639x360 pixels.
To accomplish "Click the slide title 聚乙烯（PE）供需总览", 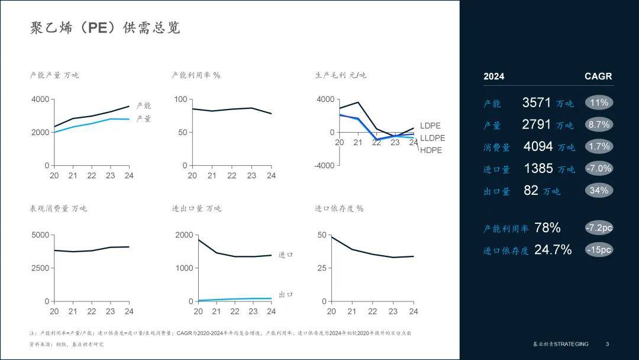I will [x=105, y=28].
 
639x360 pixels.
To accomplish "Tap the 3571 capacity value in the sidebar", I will [x=537, y=102].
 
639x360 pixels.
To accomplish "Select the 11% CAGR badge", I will [x=599, y=102].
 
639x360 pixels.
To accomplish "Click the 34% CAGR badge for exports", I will [x=599, y=190].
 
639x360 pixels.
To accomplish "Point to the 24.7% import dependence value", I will [x=553, y=250].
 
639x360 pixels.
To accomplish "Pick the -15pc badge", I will [x=599, y=249].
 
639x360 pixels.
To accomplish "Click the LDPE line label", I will [x=430, y=126].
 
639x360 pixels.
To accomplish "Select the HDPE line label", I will [x=431, y=150].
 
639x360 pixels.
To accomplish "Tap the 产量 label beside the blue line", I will [x=144, y=118].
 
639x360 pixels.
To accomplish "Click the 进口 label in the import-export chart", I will [x=286, y=255].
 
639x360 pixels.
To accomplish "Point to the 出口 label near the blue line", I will [x=286, y=294].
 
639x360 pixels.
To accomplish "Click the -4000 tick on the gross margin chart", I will [x=324, y=165].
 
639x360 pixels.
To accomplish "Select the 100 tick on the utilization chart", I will [x=180, y=99].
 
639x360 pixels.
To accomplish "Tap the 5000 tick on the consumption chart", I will [x=40, y=235].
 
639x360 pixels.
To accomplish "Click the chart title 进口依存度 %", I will [x=339, y=208].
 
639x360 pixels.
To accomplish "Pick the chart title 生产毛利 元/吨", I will [x=340, y=75].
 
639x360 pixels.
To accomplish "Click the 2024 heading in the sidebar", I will [x=493, y=76].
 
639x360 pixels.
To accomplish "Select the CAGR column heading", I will [x=598, y=76].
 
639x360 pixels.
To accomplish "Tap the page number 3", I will [x=607, y=344].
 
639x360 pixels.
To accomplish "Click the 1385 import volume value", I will [x=538, y=168].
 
